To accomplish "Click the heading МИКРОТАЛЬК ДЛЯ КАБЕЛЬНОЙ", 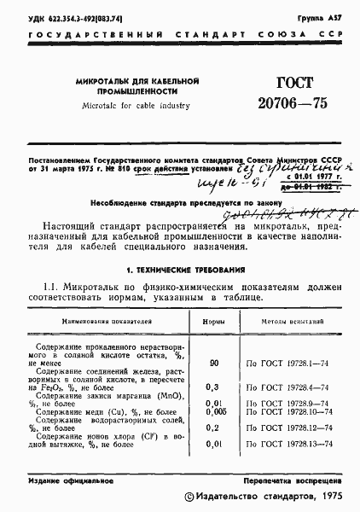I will click(136, 79).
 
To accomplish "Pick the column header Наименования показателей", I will click(103, 321).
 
